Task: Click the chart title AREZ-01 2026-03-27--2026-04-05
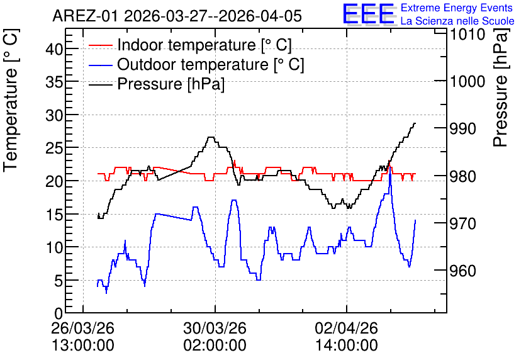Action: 177,16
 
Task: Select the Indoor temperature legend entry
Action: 190,45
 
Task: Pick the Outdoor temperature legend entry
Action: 196,64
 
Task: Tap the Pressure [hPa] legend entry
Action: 156,84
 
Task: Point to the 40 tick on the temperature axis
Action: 54,50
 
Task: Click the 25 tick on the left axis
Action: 54,149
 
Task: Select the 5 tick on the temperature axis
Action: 59,281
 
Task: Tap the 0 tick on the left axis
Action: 59,313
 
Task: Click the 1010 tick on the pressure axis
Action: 467,34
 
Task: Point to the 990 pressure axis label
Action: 462,128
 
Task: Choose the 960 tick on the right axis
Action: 462,271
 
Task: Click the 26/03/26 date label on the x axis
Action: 83,328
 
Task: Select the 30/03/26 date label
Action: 215,328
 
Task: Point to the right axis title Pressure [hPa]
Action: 500,87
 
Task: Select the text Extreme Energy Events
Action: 457,8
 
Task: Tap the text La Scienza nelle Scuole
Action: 457,21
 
